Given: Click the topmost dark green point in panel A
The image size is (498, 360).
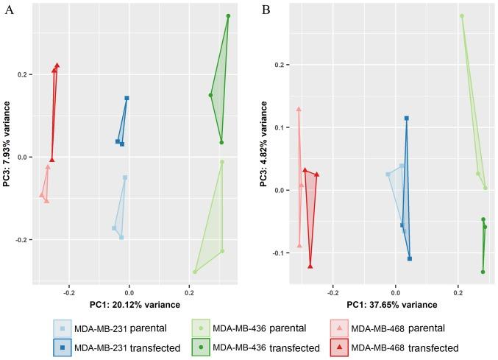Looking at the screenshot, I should [228, 16].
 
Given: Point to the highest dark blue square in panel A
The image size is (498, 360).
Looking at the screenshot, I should [127, 98].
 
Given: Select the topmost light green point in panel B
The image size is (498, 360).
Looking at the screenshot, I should [462, 15].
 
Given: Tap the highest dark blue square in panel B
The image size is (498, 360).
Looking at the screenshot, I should [406, 118].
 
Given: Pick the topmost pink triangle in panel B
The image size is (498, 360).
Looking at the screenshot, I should [299, 109].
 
